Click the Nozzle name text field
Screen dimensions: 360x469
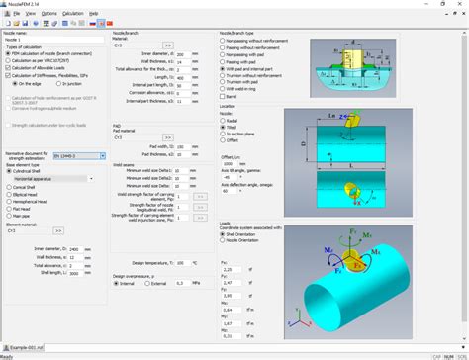(49, 39)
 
